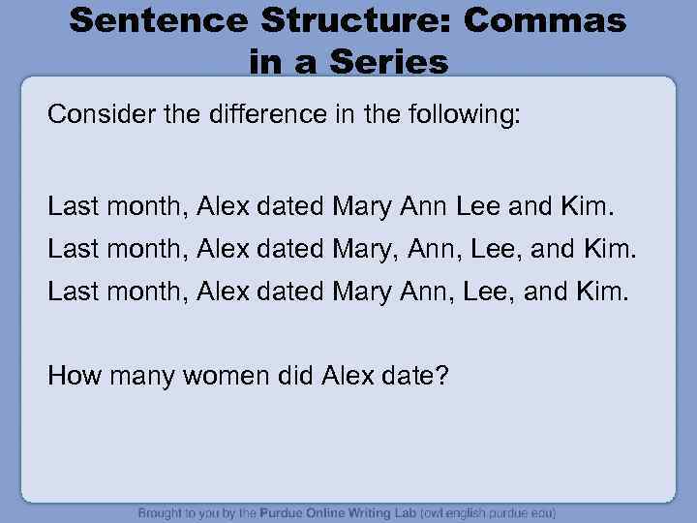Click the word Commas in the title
pyautogui.click(x=545, y=20)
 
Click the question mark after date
pyautogui.click(x=441, y=374)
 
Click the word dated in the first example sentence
pyautogui.click(x=293, y=205)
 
